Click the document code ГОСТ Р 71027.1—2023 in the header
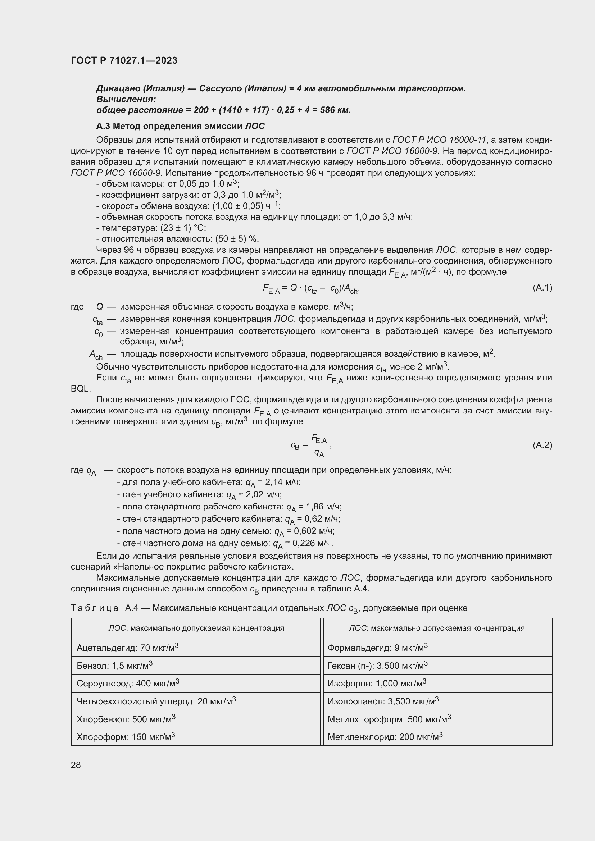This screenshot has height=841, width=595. click(124, 60)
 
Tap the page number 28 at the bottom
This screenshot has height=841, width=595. click(76, 765)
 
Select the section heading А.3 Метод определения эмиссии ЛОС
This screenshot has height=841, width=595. click(180, 126)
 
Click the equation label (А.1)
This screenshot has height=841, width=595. click(542, 288)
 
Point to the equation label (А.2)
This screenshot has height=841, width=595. click(542, 445)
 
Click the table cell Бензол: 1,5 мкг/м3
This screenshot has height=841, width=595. click(114, 666)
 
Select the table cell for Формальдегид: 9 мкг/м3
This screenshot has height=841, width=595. click(377, 648)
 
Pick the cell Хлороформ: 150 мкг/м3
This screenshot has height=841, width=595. click(126, 737)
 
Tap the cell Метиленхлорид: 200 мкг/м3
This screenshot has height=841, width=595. click(385, 737)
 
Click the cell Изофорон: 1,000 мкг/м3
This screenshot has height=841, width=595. click(377, 684)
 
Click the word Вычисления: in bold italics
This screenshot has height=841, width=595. click(126, 99)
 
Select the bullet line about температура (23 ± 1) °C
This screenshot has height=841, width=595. click(151, 228)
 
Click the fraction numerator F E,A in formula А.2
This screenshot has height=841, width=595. click(319, 439)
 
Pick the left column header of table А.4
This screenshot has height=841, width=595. click(196, 628)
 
